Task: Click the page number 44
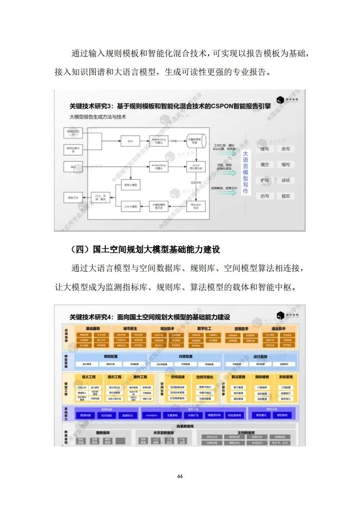point(180,476)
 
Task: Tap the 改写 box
point(286,148)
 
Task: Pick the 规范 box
point(286,196)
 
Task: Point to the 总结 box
point(286,180)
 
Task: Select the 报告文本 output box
point(73,198)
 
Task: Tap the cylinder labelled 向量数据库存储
point(196,141)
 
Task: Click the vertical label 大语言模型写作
point(245,173)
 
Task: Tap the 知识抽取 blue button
point(107,415)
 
